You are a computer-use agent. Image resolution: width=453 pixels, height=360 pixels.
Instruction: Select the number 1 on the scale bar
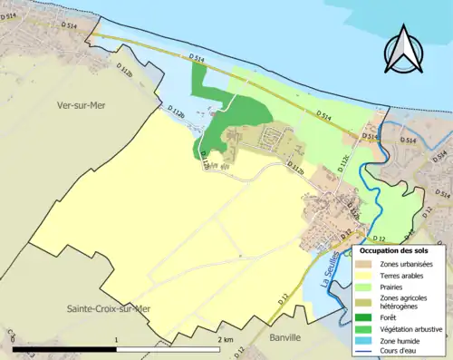(x=115, y=339)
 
